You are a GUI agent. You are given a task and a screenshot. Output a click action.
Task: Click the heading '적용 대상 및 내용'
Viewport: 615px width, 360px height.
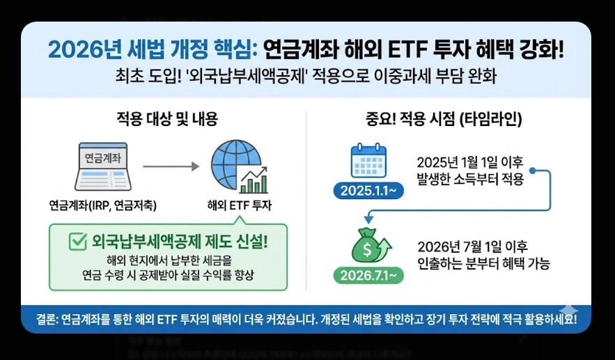pyautogui.click(x=167, y=118)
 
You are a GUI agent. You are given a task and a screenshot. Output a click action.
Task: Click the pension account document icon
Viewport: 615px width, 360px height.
pyautogui.click(x=102, y=167)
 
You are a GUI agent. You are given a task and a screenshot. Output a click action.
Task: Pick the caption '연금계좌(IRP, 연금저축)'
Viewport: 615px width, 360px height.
pyautogui.click(x=102, y=205)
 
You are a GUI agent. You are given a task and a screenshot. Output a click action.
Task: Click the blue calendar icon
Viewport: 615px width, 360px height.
pyautogui.click(x=368, y=162)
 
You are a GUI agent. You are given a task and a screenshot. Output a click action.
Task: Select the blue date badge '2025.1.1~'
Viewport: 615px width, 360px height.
pyautogui.click(x=368, y=189)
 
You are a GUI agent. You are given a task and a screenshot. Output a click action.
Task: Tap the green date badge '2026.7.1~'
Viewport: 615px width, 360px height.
pyautogui.click(x=368, y=274)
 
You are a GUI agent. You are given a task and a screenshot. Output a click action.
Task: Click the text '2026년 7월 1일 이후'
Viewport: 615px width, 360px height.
pyautogui.click(x=473, y=246)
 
